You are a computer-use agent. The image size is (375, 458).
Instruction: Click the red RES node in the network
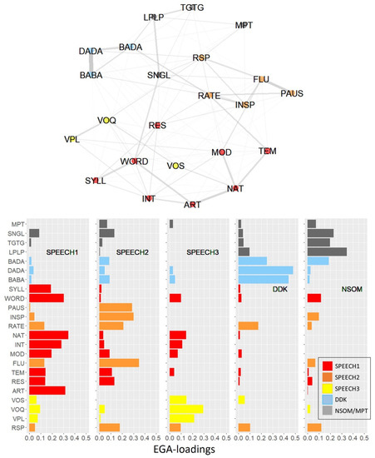point(157,125)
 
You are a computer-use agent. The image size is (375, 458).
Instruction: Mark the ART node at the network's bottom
point(192,204)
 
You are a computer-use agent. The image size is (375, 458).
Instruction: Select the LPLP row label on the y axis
point(16,251)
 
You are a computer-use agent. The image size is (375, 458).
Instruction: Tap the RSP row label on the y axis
point(17,427)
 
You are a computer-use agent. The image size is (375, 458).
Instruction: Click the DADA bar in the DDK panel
point(266,270)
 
